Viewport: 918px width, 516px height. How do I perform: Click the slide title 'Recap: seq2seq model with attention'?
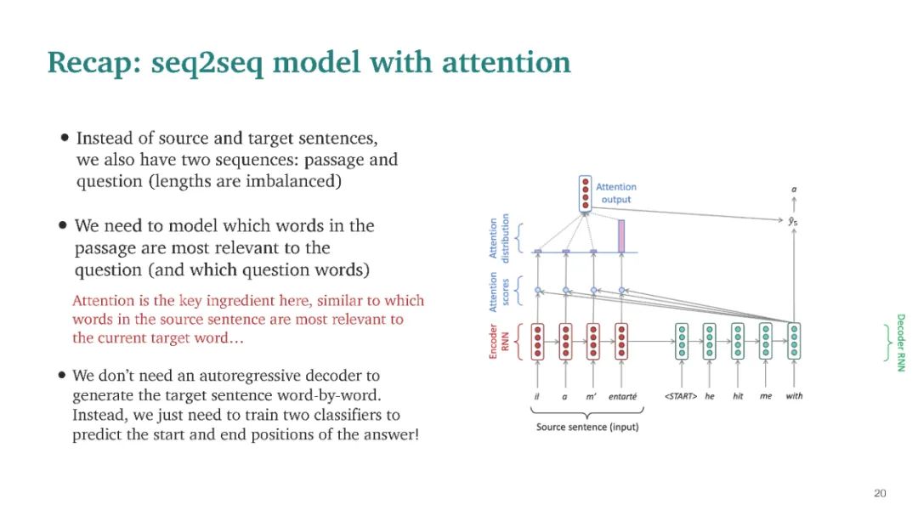[309, 63]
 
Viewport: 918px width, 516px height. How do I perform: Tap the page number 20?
[880, 493]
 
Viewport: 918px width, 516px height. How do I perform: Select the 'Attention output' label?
[616, 193]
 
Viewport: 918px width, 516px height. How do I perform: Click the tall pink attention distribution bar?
[621, 235]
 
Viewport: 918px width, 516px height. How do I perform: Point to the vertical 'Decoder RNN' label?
[900, 343]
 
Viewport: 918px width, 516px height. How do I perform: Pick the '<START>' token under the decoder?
[681, 396]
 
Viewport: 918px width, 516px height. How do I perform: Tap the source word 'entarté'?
[622, 396]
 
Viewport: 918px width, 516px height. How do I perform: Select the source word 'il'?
[536, 396]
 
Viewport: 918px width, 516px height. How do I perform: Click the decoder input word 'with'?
[794, 396]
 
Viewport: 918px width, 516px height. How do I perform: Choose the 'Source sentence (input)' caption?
[586, 427]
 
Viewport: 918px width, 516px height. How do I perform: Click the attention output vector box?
[584, 194]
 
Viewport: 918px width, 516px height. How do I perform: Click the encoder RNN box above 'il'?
[536, 342]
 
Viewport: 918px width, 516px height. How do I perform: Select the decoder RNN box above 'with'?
[794, 342]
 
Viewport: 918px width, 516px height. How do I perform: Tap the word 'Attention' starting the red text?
[103, 301]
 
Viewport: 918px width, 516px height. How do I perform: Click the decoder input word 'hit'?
[737, 396]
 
